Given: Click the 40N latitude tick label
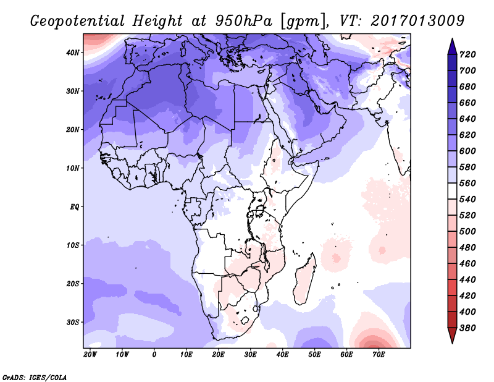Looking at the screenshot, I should (73, 53).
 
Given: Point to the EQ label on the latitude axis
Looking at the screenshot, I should (75, 206).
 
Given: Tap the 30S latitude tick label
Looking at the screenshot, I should (73, 322).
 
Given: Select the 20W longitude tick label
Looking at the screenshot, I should (90, 355).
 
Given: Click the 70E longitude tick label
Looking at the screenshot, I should (379, 355).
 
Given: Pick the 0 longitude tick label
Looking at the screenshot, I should (154, 355).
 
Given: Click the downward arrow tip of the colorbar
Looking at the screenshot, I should (451, 341).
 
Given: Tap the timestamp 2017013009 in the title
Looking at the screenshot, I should (417, 20).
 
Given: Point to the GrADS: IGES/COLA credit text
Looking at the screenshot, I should (35, 376).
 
